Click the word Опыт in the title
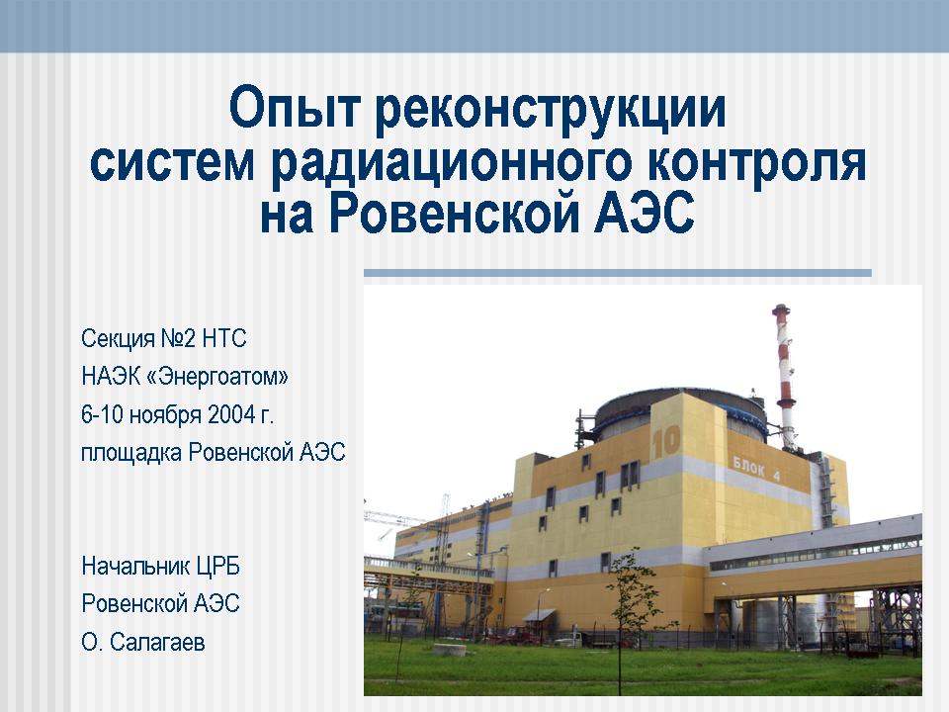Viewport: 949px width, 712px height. [295, 108]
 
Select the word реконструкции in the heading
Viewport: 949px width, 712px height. [551, 109]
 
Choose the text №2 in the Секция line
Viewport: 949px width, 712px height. [178, 338]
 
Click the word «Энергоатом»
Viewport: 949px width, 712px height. [217, 377]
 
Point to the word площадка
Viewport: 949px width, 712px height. [131, 453]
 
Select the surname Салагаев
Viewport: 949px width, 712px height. [157, 642]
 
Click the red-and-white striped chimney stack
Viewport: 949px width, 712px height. [784, 376]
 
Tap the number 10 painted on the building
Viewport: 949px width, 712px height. [665, 442]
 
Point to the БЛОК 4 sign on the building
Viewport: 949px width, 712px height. [756, 469]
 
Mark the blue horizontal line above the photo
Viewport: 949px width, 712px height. [617, 273]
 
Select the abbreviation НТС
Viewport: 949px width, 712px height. [224, 338]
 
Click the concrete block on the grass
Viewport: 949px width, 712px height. [450, 650]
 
